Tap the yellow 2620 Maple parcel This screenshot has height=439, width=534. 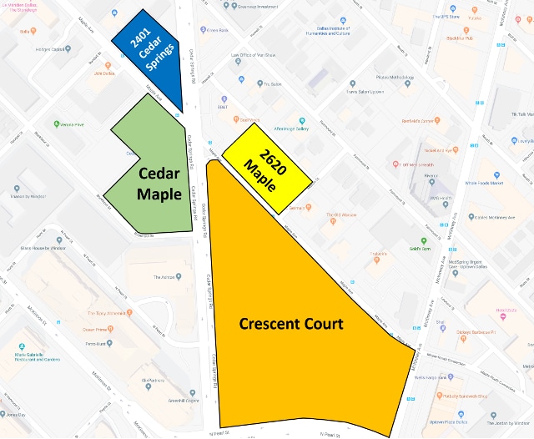point(270,158)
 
